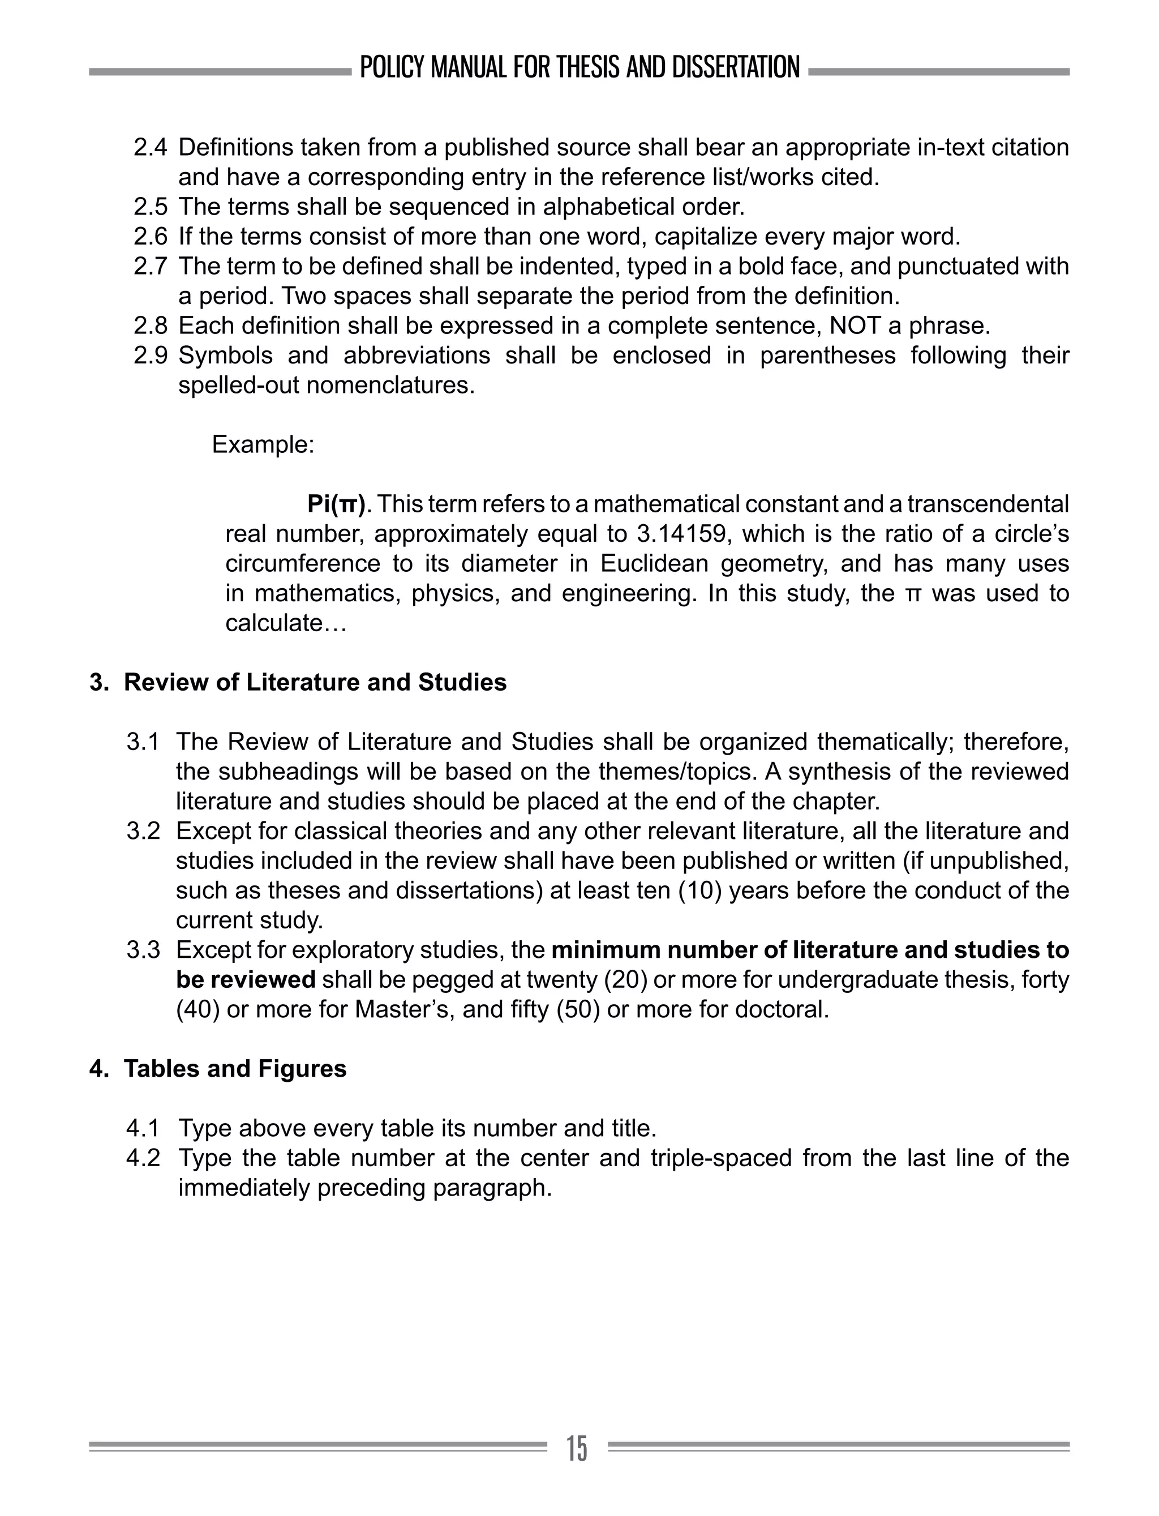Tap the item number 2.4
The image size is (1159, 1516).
150,148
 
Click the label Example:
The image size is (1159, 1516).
263,444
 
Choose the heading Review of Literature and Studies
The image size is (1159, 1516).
315,683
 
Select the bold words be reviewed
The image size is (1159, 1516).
246,980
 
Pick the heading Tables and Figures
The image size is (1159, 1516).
234,1069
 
